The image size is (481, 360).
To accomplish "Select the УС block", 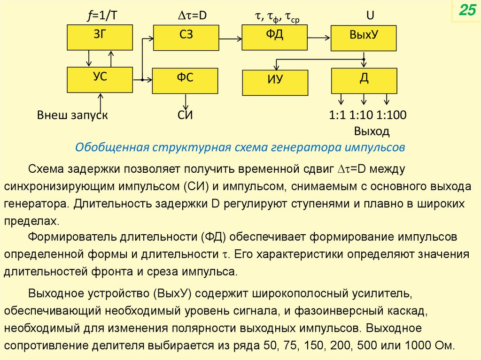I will [x=100, y=80].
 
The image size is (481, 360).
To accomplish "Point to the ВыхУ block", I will [x=364, y=38].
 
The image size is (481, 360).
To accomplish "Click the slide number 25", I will [x=467, y=12].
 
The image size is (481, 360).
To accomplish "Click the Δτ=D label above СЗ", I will [x=191, y=16].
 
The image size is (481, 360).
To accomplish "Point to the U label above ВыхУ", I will [x=370, y=16].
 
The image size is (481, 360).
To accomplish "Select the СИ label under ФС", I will [x=186, y=115].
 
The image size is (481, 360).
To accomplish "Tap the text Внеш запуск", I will [x=73, y=115].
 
